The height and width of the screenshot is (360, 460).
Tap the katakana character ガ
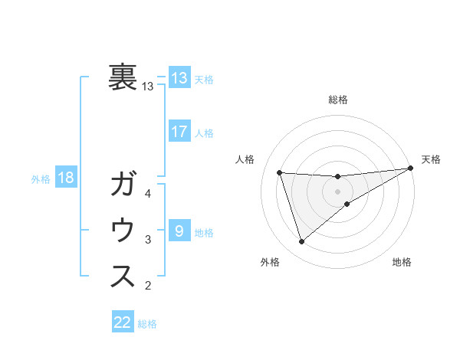click(x=123, y=185)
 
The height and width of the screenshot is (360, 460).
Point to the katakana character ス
click(x=123, y=276)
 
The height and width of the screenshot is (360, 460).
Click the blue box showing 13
click(x=179, y=77)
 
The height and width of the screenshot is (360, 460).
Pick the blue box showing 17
click(x=179, y=131)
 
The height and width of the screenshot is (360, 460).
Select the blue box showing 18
click(x=66, y=178)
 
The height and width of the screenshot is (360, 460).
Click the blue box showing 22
click(x=123, y=322)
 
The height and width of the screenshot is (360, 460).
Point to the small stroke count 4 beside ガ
click(x=148, y=194)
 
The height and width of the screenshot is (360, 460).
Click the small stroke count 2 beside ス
click(x=148, y=286)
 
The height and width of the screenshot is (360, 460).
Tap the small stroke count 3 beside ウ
click(x=148, y=240)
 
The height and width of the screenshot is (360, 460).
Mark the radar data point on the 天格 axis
click(x=411, y=169)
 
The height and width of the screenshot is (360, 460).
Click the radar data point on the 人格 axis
click(x=280, y=172)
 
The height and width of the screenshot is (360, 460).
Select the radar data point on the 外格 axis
click(x=301, y=242)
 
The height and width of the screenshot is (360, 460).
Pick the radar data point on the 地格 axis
click(x=347, y=204)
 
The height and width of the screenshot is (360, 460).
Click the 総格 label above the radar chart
click(x=338, y=100)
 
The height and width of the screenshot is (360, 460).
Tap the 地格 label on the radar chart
click(x=402, y=262)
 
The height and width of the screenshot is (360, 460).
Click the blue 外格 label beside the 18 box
click(x=41, y=179)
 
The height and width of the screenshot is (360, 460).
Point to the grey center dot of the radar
click(x=338, y=191)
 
